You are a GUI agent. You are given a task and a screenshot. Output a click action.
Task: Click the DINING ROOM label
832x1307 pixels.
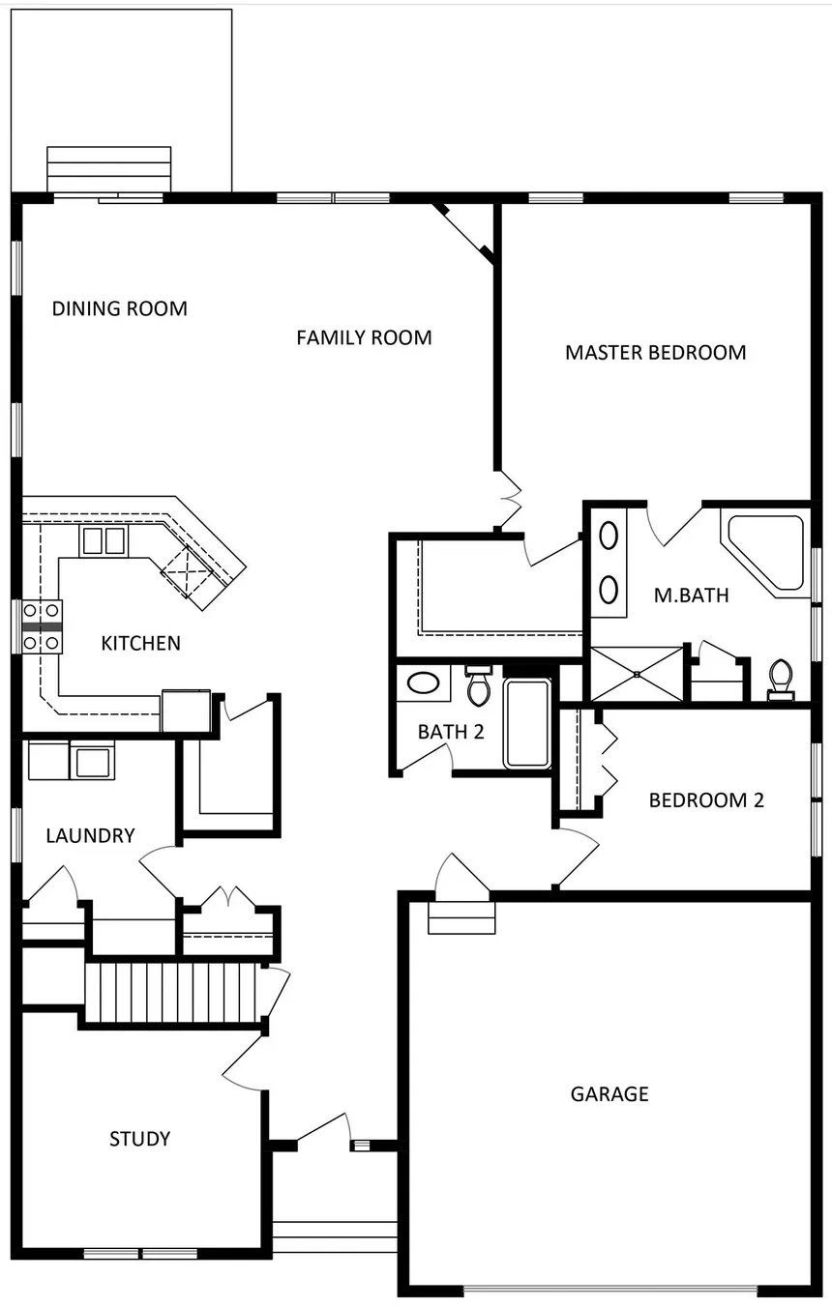tap(120, 308)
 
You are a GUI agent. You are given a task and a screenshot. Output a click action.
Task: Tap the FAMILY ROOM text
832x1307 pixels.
tap(365, 337)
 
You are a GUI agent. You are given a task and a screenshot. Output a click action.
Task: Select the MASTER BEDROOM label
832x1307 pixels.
tap(656, 353)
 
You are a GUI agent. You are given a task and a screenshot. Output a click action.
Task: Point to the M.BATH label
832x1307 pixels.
tap(692, 595)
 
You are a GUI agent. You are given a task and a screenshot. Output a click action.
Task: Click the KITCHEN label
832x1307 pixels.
tap(140, 644)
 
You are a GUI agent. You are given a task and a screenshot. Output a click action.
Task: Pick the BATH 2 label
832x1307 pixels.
tap(451, 732)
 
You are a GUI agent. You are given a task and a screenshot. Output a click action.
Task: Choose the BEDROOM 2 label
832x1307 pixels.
tap(706, 799)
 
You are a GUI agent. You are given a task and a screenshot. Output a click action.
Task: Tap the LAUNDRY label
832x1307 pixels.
tap(91, 835)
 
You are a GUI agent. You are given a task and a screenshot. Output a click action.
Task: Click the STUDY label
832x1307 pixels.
tap(140, 1139)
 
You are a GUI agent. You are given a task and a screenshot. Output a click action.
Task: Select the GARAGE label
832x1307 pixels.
tap(609, 1093)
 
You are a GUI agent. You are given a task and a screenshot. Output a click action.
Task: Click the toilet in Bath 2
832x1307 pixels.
tap(479, 685)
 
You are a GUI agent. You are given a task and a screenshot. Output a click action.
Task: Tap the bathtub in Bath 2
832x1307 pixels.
tap(527, 723)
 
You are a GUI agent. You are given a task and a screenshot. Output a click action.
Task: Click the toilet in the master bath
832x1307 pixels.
tap(781, 680)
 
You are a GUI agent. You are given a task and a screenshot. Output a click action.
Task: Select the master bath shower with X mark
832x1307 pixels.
tap(637, 674)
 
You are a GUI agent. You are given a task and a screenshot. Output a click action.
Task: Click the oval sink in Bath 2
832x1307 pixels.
tap(424, 683)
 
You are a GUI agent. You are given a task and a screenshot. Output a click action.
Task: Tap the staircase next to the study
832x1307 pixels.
tap(171, 993)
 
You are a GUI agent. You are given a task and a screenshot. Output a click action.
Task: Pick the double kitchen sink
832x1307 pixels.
tap(104, 541)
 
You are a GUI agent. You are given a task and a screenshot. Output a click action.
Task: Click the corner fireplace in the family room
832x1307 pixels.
tap(465, 231)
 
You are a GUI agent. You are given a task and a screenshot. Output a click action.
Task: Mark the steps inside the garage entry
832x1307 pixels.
tap(461, 917)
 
